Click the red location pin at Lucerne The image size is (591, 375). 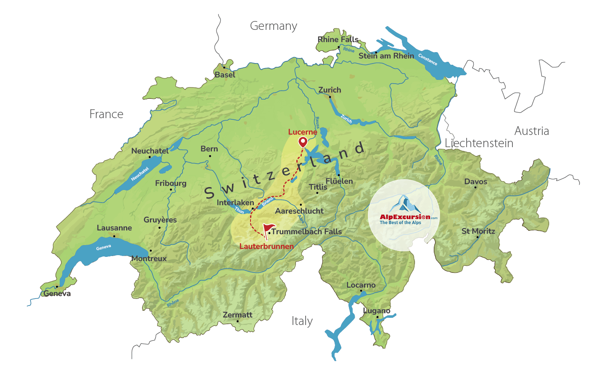coord(303,142)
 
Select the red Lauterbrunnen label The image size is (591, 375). coord(266,246)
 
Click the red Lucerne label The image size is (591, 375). coord(302,132)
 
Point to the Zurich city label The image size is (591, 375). coord(330,90)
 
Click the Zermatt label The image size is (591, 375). coord(237,315)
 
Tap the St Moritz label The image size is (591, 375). coord(478,231)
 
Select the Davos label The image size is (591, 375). coord(475,182)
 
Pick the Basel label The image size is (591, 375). coord(225,75)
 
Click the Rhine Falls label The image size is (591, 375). coord(338,40)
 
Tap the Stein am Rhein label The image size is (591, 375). coord(386,56)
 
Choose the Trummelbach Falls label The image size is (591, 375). coord(306,232)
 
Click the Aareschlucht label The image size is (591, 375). coord(299,211)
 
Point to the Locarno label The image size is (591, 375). coord(361,285)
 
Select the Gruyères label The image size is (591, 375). coord(160,220)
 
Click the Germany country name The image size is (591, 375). coord(273,26)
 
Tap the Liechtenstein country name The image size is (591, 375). coord(479,143)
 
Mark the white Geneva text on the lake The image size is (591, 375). coord(103,248)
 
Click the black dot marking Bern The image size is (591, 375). coord(210,156)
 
